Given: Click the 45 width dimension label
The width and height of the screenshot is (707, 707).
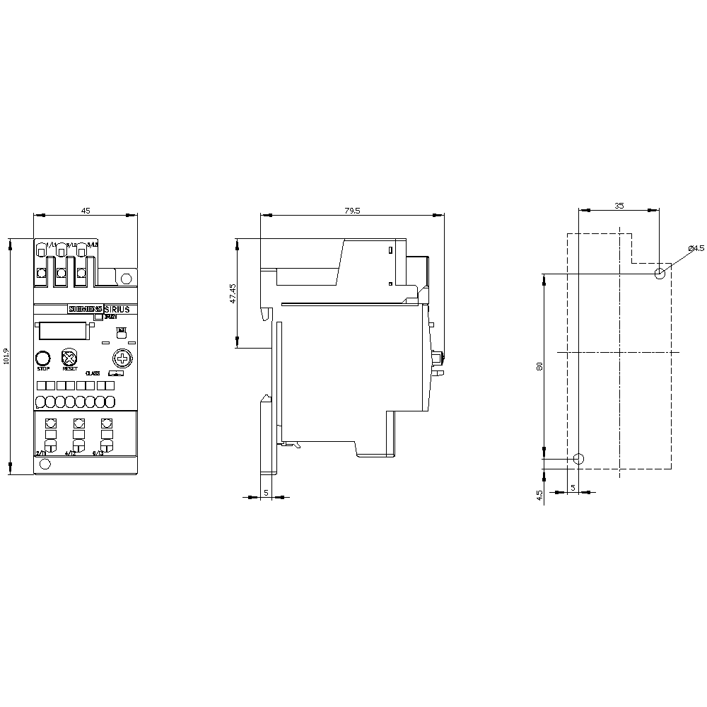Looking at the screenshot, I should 86,210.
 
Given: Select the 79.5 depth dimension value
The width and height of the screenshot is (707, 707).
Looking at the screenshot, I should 352,210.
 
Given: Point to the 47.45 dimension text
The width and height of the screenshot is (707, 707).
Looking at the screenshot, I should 233,294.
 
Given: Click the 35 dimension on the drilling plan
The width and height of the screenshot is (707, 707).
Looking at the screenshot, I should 619,206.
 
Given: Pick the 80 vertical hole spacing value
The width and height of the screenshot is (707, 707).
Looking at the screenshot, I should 539,366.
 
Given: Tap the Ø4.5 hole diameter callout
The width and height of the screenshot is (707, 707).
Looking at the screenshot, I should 696,248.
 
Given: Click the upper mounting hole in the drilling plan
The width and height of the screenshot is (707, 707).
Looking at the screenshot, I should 660,274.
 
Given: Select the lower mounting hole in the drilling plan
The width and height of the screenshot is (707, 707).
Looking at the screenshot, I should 578,459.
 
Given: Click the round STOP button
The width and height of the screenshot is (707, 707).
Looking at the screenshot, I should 43,357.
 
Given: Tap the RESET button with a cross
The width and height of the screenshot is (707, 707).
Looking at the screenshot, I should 69,357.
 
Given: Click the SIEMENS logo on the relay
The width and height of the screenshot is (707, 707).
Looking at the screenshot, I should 85,309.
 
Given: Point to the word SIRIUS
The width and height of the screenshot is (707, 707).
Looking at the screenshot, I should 117,309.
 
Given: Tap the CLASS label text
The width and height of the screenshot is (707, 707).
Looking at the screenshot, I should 93,373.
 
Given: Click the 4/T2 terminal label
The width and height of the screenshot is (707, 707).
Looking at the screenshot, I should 70,453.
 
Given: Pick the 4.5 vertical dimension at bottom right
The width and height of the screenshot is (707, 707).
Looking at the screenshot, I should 539,494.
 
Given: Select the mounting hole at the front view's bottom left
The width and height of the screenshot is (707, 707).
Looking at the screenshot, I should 45,464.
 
